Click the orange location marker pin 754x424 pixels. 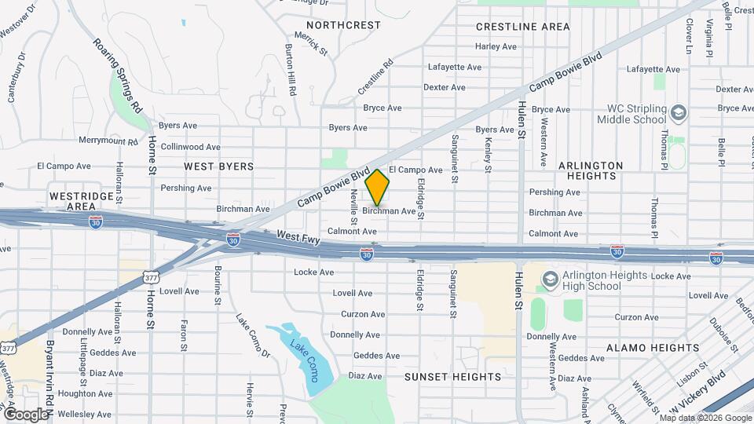378,188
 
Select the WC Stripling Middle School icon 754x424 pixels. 677,114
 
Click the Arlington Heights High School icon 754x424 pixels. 551,280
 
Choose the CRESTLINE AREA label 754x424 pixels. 522,27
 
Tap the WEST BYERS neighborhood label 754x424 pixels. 219,166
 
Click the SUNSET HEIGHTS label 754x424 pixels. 452,377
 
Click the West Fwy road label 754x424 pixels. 298,237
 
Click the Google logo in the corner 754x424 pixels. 25,414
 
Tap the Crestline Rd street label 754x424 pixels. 375,77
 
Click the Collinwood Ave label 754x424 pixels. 190,147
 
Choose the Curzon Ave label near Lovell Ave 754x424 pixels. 362,314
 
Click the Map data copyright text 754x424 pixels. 705,418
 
